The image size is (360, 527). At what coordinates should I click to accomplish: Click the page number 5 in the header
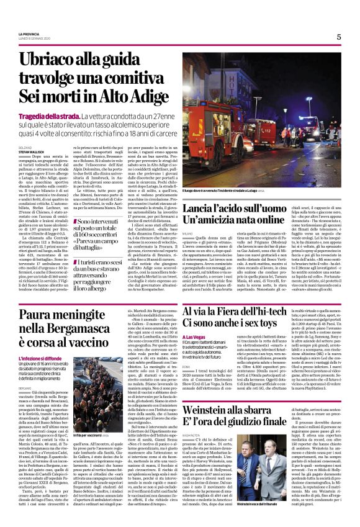[x=339, y=37]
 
